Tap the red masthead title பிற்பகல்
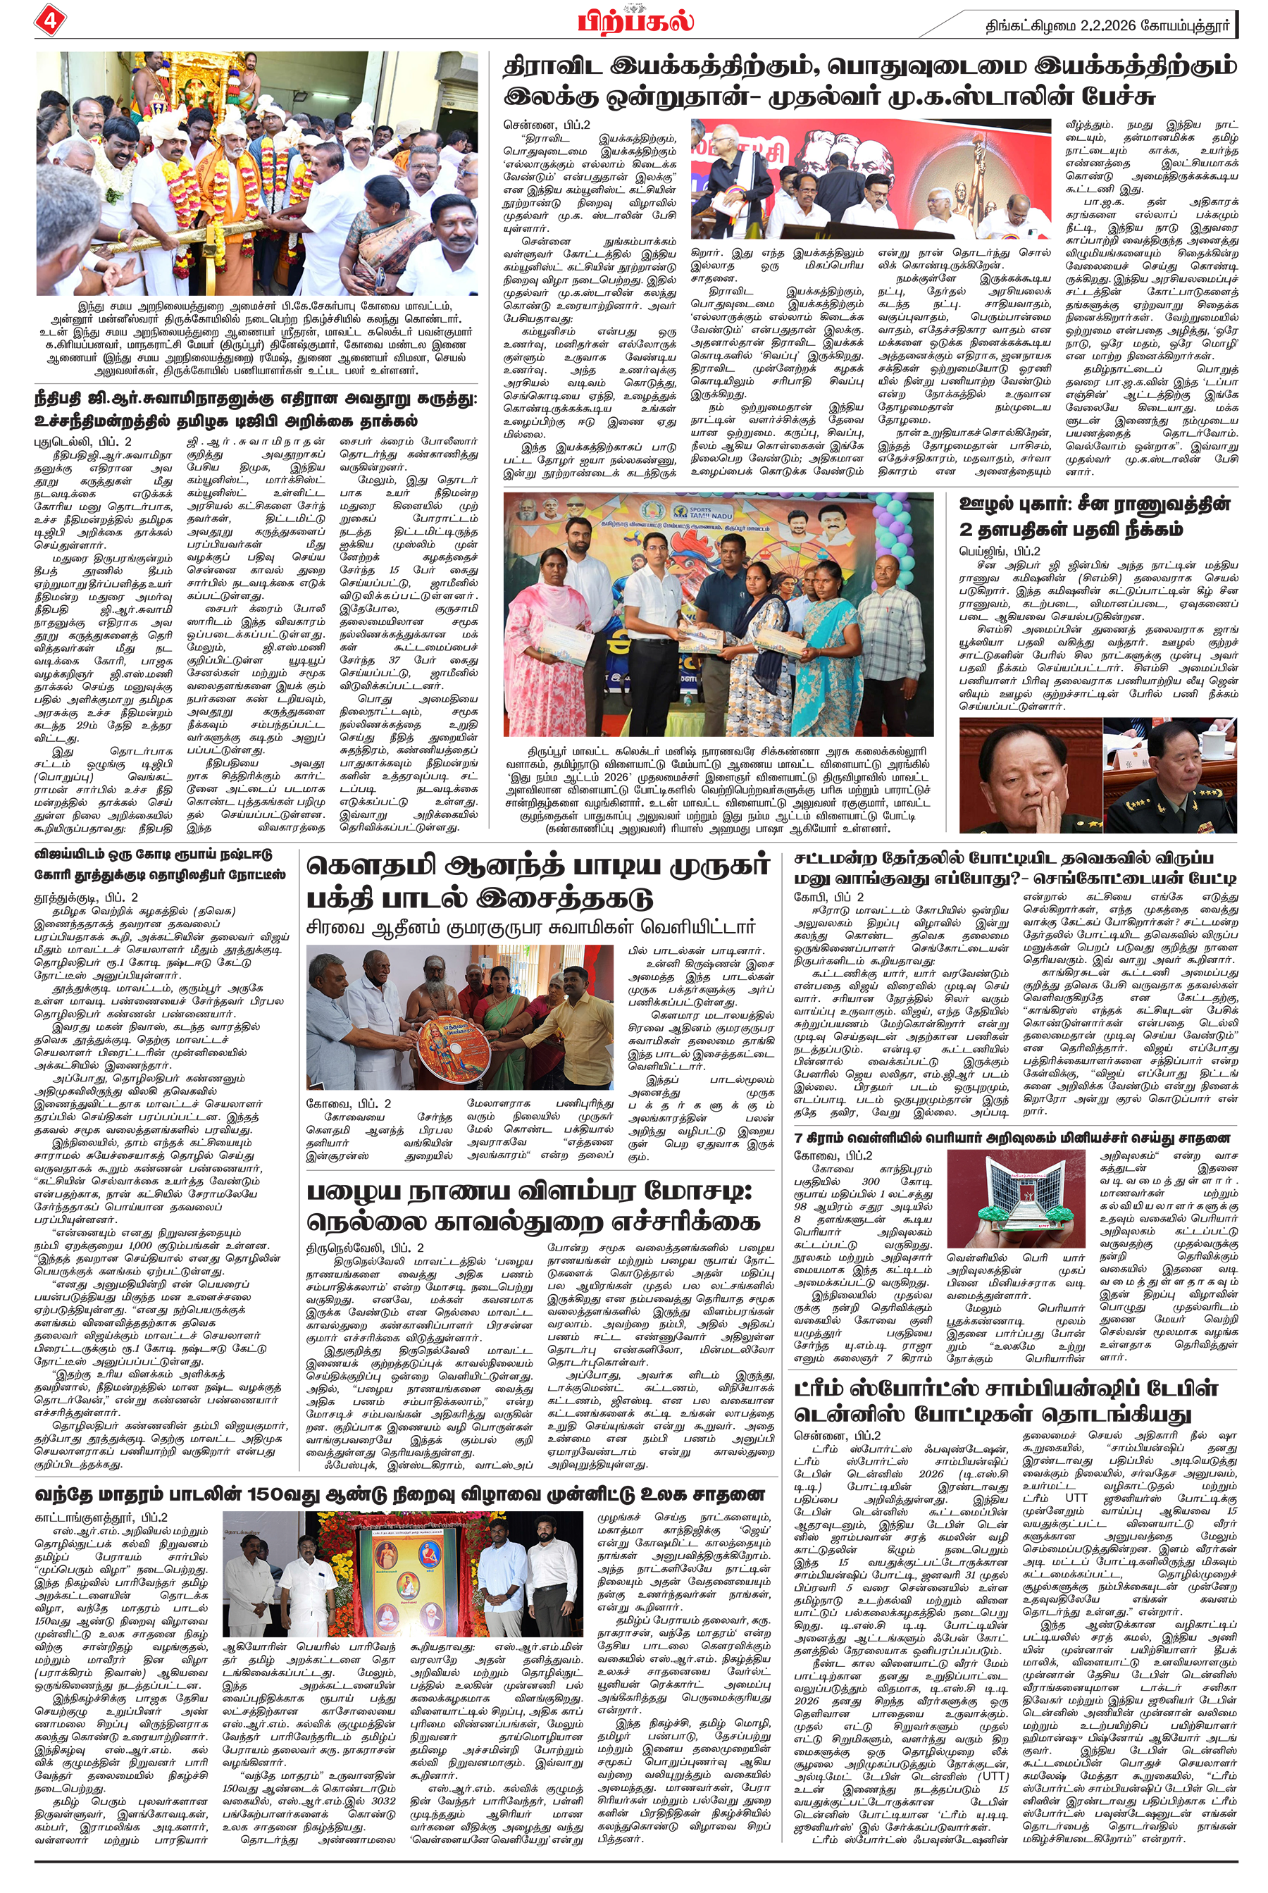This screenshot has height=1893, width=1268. tap(635, 20)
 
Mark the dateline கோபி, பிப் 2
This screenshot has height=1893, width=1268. tap(829, 897)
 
